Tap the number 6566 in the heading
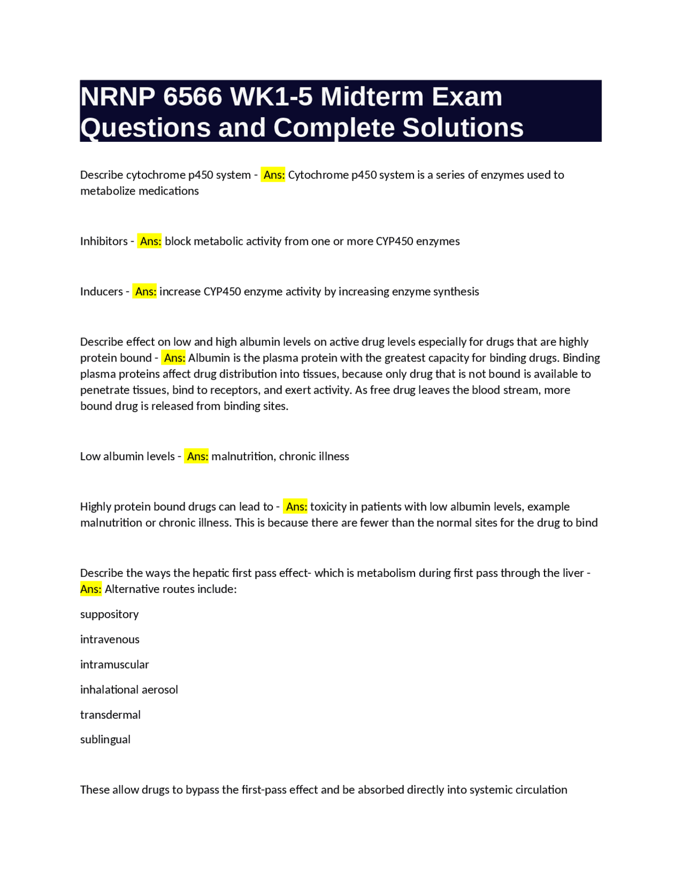point(192,97)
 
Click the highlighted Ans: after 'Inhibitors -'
point(150,242)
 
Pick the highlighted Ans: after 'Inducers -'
point(145,292)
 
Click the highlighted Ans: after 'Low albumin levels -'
point(197,456)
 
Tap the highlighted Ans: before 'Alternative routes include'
point(91,589)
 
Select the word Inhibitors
point(104,242)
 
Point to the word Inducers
point(101,292)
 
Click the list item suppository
point(109,614)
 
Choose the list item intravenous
point(110,639)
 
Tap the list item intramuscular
point(115,664)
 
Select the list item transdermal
point(110,715)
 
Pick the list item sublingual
point(105,740)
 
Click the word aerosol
point(160,689)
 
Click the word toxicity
point(330,507)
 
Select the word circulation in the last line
point(541,790)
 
